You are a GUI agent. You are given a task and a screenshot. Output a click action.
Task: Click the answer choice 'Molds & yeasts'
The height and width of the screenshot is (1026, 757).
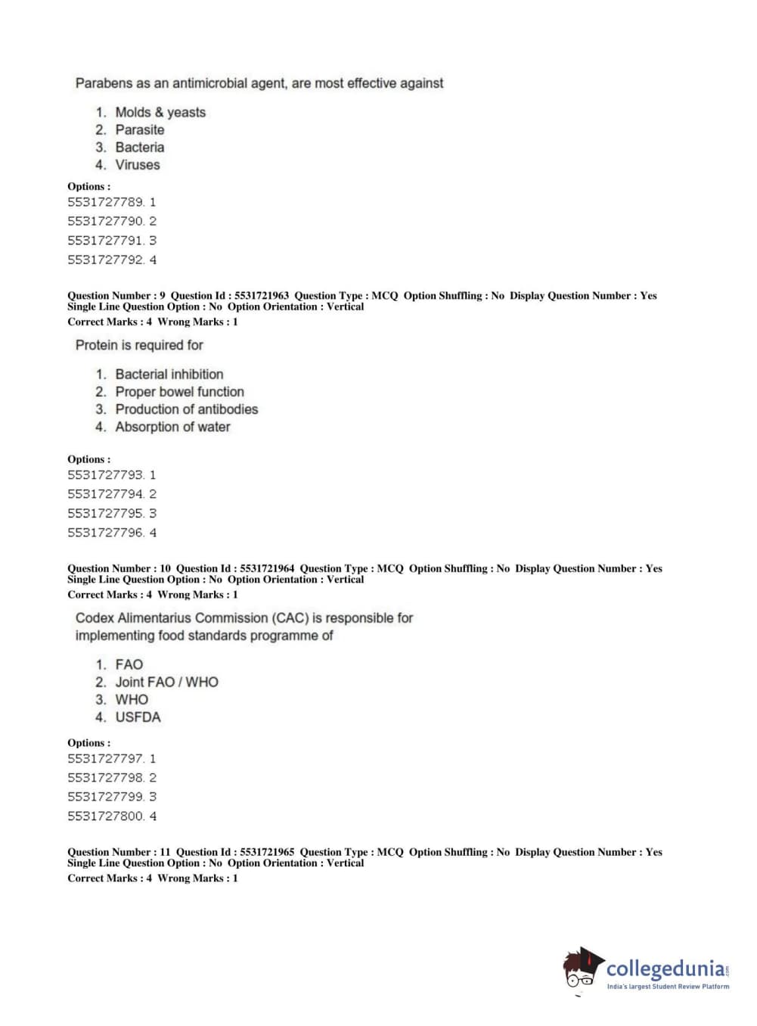coord(160,112)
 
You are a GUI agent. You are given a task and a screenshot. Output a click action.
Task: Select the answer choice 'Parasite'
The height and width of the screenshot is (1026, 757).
coord(139,130)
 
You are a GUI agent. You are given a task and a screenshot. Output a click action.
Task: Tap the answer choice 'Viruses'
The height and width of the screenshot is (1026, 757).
coord(137,165)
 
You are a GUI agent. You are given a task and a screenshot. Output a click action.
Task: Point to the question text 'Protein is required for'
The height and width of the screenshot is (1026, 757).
coord(139,345)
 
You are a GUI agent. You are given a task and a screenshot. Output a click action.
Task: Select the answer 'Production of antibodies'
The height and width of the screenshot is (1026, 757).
coord(186,409)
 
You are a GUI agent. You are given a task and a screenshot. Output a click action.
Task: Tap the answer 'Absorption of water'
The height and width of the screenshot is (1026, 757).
coord(172,427)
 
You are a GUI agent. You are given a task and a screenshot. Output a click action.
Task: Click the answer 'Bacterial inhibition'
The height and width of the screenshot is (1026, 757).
coord(169,375)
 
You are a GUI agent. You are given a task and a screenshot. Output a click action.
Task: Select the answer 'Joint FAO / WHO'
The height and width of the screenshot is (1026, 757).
coord(166,682)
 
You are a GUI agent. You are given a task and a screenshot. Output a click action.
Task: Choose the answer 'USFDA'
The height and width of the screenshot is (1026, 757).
coord(138,717)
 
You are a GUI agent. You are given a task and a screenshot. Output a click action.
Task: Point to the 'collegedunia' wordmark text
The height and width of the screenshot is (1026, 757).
coord(665,968)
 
